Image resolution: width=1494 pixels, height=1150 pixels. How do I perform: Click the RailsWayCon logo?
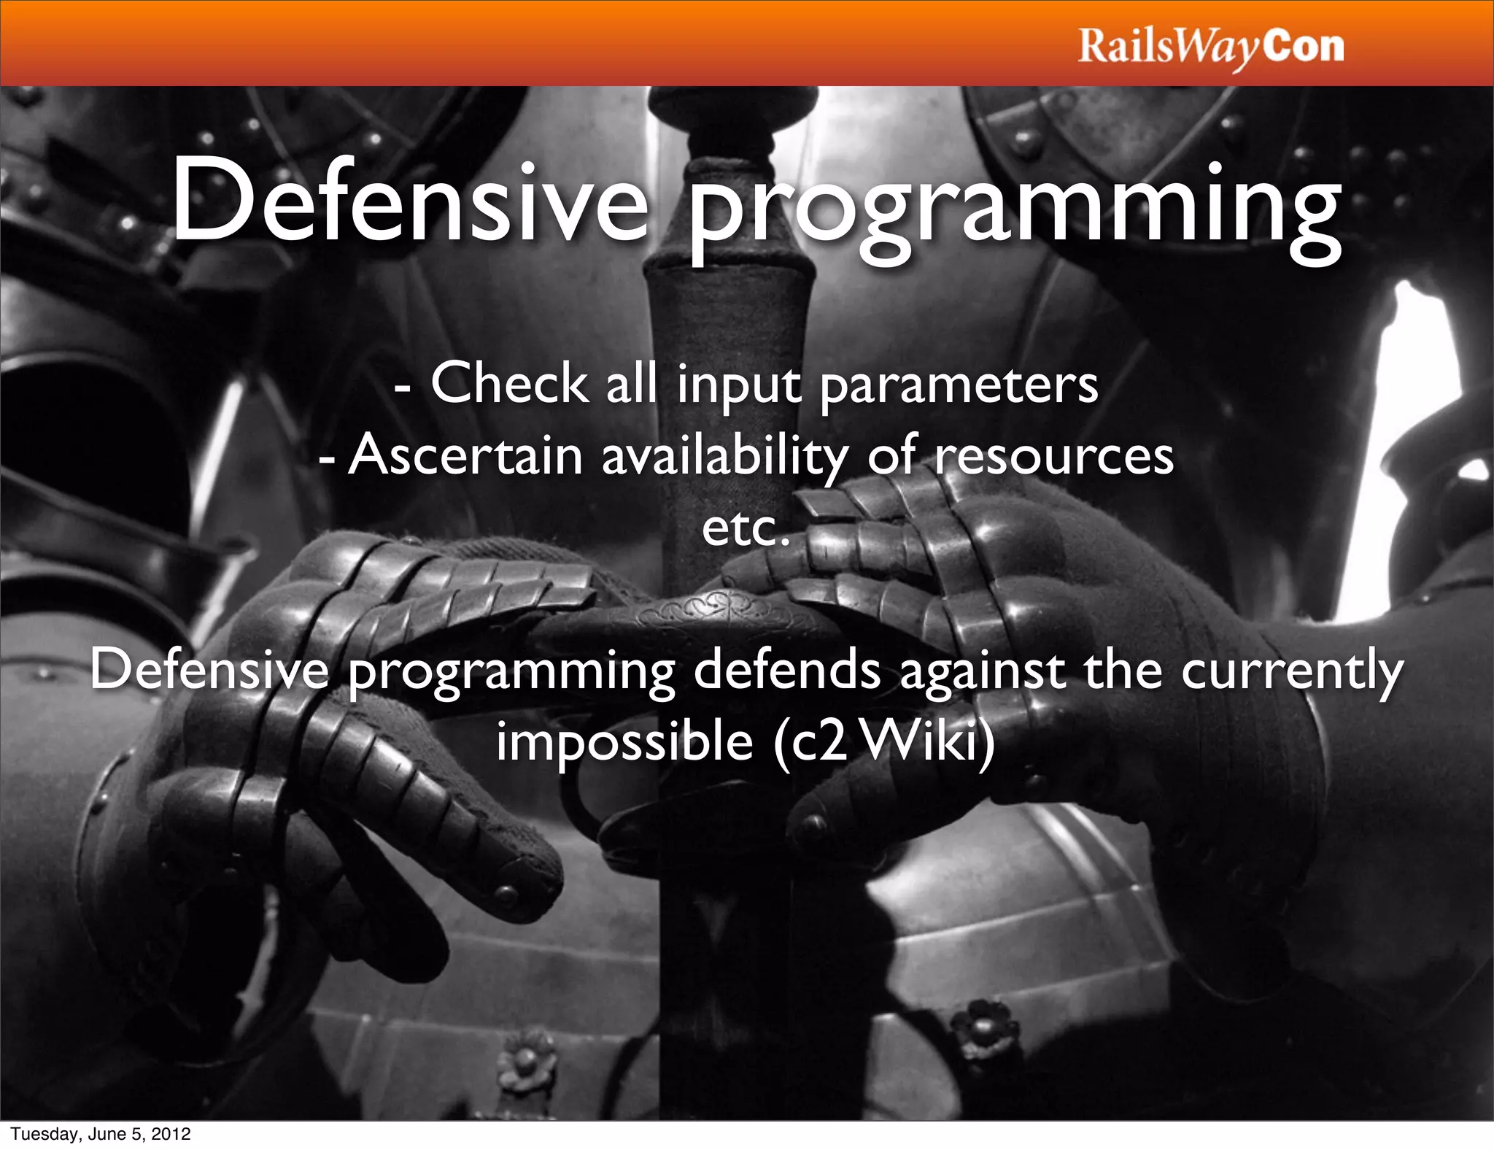(x=1210, y=47)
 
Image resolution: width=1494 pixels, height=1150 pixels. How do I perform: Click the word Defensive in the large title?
(x=409, y=201)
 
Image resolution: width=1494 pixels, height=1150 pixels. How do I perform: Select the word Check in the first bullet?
(x=508, y=382)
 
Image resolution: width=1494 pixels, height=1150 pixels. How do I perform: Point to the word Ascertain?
(x=465, y=455)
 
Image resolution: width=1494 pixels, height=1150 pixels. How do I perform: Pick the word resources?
(x=1054, y=457)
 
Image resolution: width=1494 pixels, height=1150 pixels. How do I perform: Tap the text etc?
(x=746, y=528)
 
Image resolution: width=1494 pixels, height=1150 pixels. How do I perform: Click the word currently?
(x=1292, y=671)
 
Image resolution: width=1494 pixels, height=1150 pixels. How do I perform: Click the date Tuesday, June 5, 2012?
(x=100, y=1133)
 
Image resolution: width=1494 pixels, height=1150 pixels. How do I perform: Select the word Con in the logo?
(x=1304, y=47)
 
